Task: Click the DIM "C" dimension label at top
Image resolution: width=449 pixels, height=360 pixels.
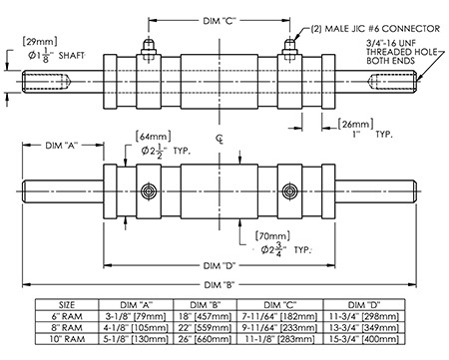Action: coord(220,21)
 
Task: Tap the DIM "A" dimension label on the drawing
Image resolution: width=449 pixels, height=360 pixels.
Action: coord(62,146)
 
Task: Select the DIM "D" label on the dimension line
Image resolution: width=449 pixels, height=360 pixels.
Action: coord(220,265)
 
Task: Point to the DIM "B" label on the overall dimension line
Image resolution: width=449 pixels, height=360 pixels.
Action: coord(220,285)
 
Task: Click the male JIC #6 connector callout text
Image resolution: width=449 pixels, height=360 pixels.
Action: coord(375,29)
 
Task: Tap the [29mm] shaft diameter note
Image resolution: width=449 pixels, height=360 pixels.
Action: coord(40,42)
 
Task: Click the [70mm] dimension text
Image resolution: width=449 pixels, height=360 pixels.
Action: coord(272,236)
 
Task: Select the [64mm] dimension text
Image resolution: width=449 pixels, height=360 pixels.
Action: coord(154,137)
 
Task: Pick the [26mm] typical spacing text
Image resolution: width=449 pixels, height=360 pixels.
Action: coord(355,124)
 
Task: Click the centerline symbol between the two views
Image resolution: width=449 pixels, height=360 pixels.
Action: coord(220,139)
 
